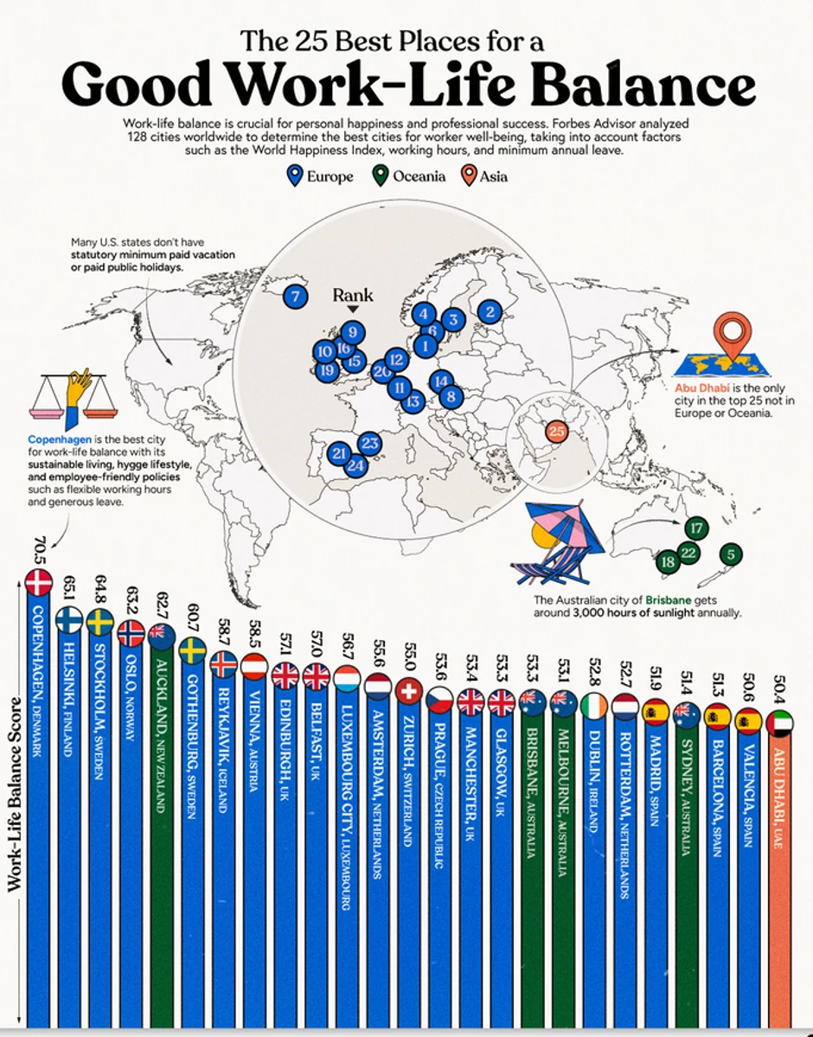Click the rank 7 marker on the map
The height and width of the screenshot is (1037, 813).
[x=296, y=297]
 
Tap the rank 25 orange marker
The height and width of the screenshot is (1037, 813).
[x=556, y=430]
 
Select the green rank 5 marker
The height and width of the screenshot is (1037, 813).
[x=730, y=554]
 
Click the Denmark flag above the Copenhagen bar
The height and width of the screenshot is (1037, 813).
[x=38, y=584]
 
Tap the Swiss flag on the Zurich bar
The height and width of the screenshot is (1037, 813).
[x=408, y=691]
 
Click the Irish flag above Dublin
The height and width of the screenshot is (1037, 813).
[x=592, y=704]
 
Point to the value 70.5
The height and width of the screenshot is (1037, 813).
[x=38, y=550]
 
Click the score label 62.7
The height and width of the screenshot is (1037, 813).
[x=162, y=600]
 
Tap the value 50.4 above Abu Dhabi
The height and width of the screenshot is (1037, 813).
[x=779, y=687]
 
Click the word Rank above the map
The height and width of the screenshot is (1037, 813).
[x=353, y=295]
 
